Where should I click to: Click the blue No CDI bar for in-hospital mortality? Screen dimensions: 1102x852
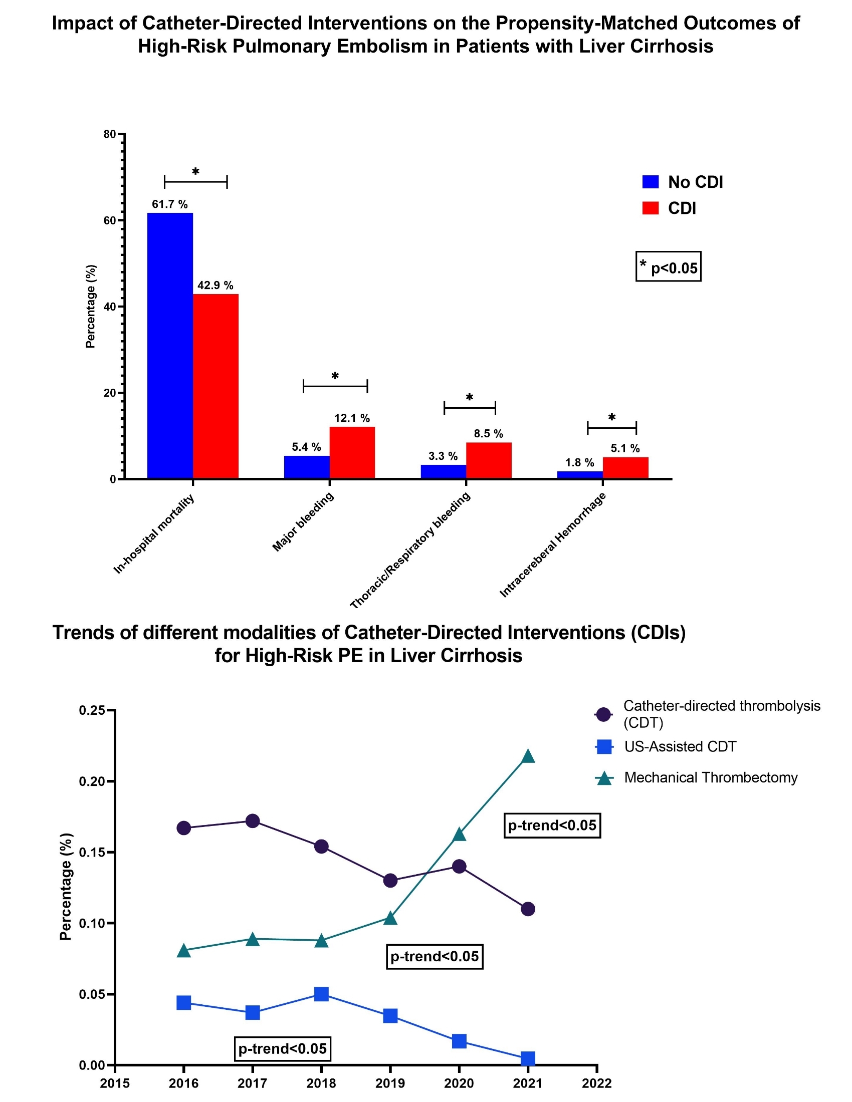point(169,345)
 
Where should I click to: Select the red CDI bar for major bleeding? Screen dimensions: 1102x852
point(352,452)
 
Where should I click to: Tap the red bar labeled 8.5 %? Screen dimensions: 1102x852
point(488,460)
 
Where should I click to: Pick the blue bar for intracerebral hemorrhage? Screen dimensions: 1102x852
point(579,475)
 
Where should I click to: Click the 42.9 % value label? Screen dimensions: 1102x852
point(215,286)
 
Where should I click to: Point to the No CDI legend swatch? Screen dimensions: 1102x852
point(650,182)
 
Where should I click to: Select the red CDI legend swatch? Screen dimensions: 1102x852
point(650,208)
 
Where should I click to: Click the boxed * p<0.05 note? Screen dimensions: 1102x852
point(668,266)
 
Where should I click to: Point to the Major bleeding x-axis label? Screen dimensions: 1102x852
point(303,522)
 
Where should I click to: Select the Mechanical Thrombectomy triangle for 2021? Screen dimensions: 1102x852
point(527,756)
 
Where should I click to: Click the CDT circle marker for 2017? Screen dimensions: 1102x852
point(253,821)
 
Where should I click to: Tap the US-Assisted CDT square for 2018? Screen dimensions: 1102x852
point(321,994)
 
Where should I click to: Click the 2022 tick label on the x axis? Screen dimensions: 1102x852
point(596,1083)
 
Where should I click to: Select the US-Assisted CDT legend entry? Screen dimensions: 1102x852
point(680,747)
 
